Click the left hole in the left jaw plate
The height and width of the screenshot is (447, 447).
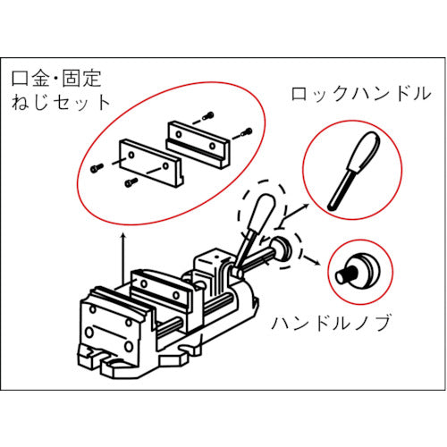[x=130, y=155]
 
